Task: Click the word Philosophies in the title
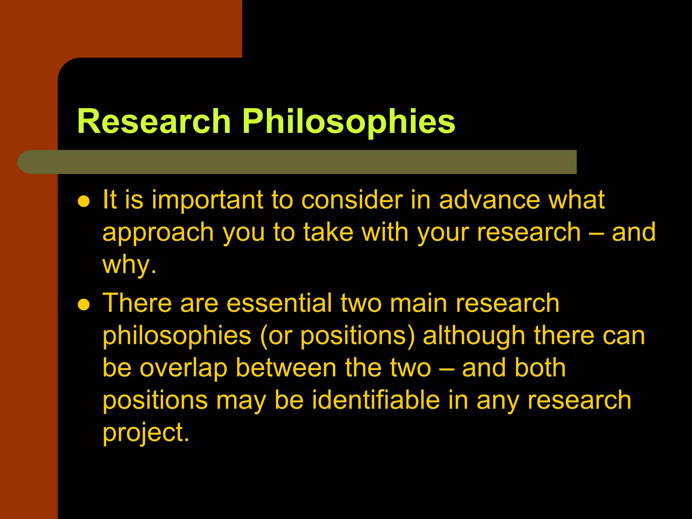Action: [349, 122]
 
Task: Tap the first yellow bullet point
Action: [83, 202]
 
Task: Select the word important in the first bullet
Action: [207, 200]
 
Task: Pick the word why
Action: [129, 265]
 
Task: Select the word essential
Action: [279, 303]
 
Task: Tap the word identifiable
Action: [376, 400]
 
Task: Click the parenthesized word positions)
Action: [357, 336]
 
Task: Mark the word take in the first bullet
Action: [328, 232]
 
